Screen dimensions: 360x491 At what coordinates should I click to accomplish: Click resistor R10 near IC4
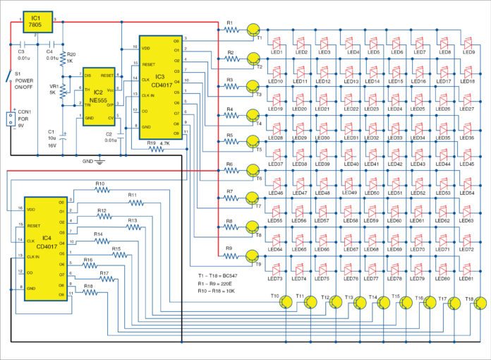click(99, 191)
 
